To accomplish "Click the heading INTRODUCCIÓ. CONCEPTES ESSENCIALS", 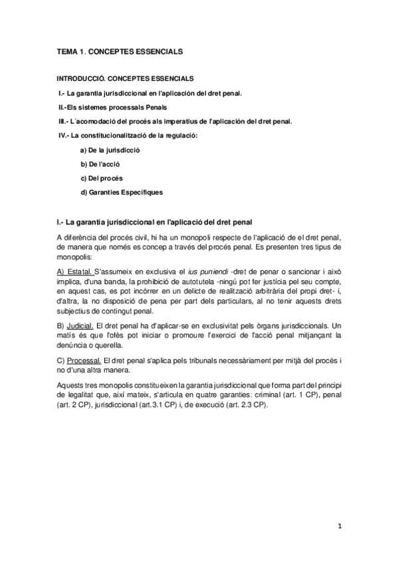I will click(x=125, y=78).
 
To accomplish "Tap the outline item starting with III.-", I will click(x=174, y=121).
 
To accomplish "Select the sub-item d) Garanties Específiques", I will click(x=121, y=193).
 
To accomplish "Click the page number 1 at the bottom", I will click(x=339, y=526).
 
